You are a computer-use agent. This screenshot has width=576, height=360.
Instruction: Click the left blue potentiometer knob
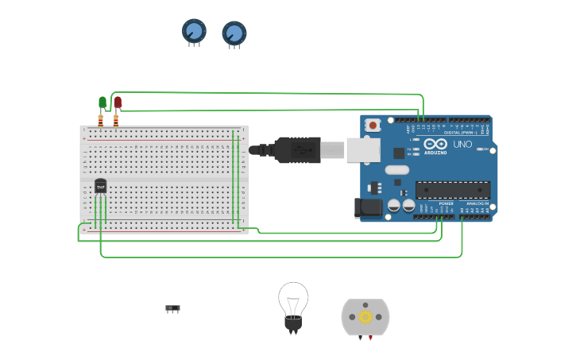194,31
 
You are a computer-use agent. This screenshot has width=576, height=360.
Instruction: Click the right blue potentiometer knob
234,33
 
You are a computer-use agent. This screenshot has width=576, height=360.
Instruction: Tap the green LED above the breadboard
102,102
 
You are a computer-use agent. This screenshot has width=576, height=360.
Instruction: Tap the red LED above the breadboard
118,102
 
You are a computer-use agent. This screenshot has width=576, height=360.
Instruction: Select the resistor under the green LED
101,120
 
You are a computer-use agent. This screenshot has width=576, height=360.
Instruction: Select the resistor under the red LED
116,120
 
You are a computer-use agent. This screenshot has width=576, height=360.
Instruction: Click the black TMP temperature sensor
100,186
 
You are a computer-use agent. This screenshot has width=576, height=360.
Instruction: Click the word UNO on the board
462,145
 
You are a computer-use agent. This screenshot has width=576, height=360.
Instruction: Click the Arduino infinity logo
435,145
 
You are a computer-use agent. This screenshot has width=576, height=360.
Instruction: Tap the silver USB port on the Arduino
363,149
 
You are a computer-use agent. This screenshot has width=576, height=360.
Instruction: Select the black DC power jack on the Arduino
366,207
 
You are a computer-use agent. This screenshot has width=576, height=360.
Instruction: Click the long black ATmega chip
453,190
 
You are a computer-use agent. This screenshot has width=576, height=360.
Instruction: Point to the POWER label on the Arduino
446,203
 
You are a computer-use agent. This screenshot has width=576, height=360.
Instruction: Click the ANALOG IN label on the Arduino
477,203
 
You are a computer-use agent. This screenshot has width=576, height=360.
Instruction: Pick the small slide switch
172,308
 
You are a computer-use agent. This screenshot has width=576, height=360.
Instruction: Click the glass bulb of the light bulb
293,299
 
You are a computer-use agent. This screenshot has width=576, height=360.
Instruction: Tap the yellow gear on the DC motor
365,317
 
